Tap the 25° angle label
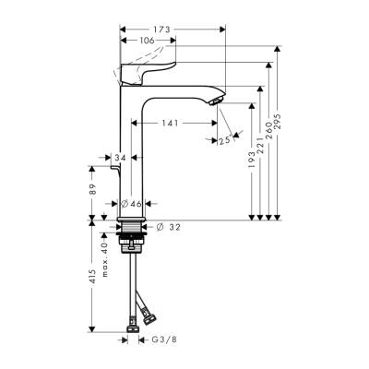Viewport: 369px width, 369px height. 223,139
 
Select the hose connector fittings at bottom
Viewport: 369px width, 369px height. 137,324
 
